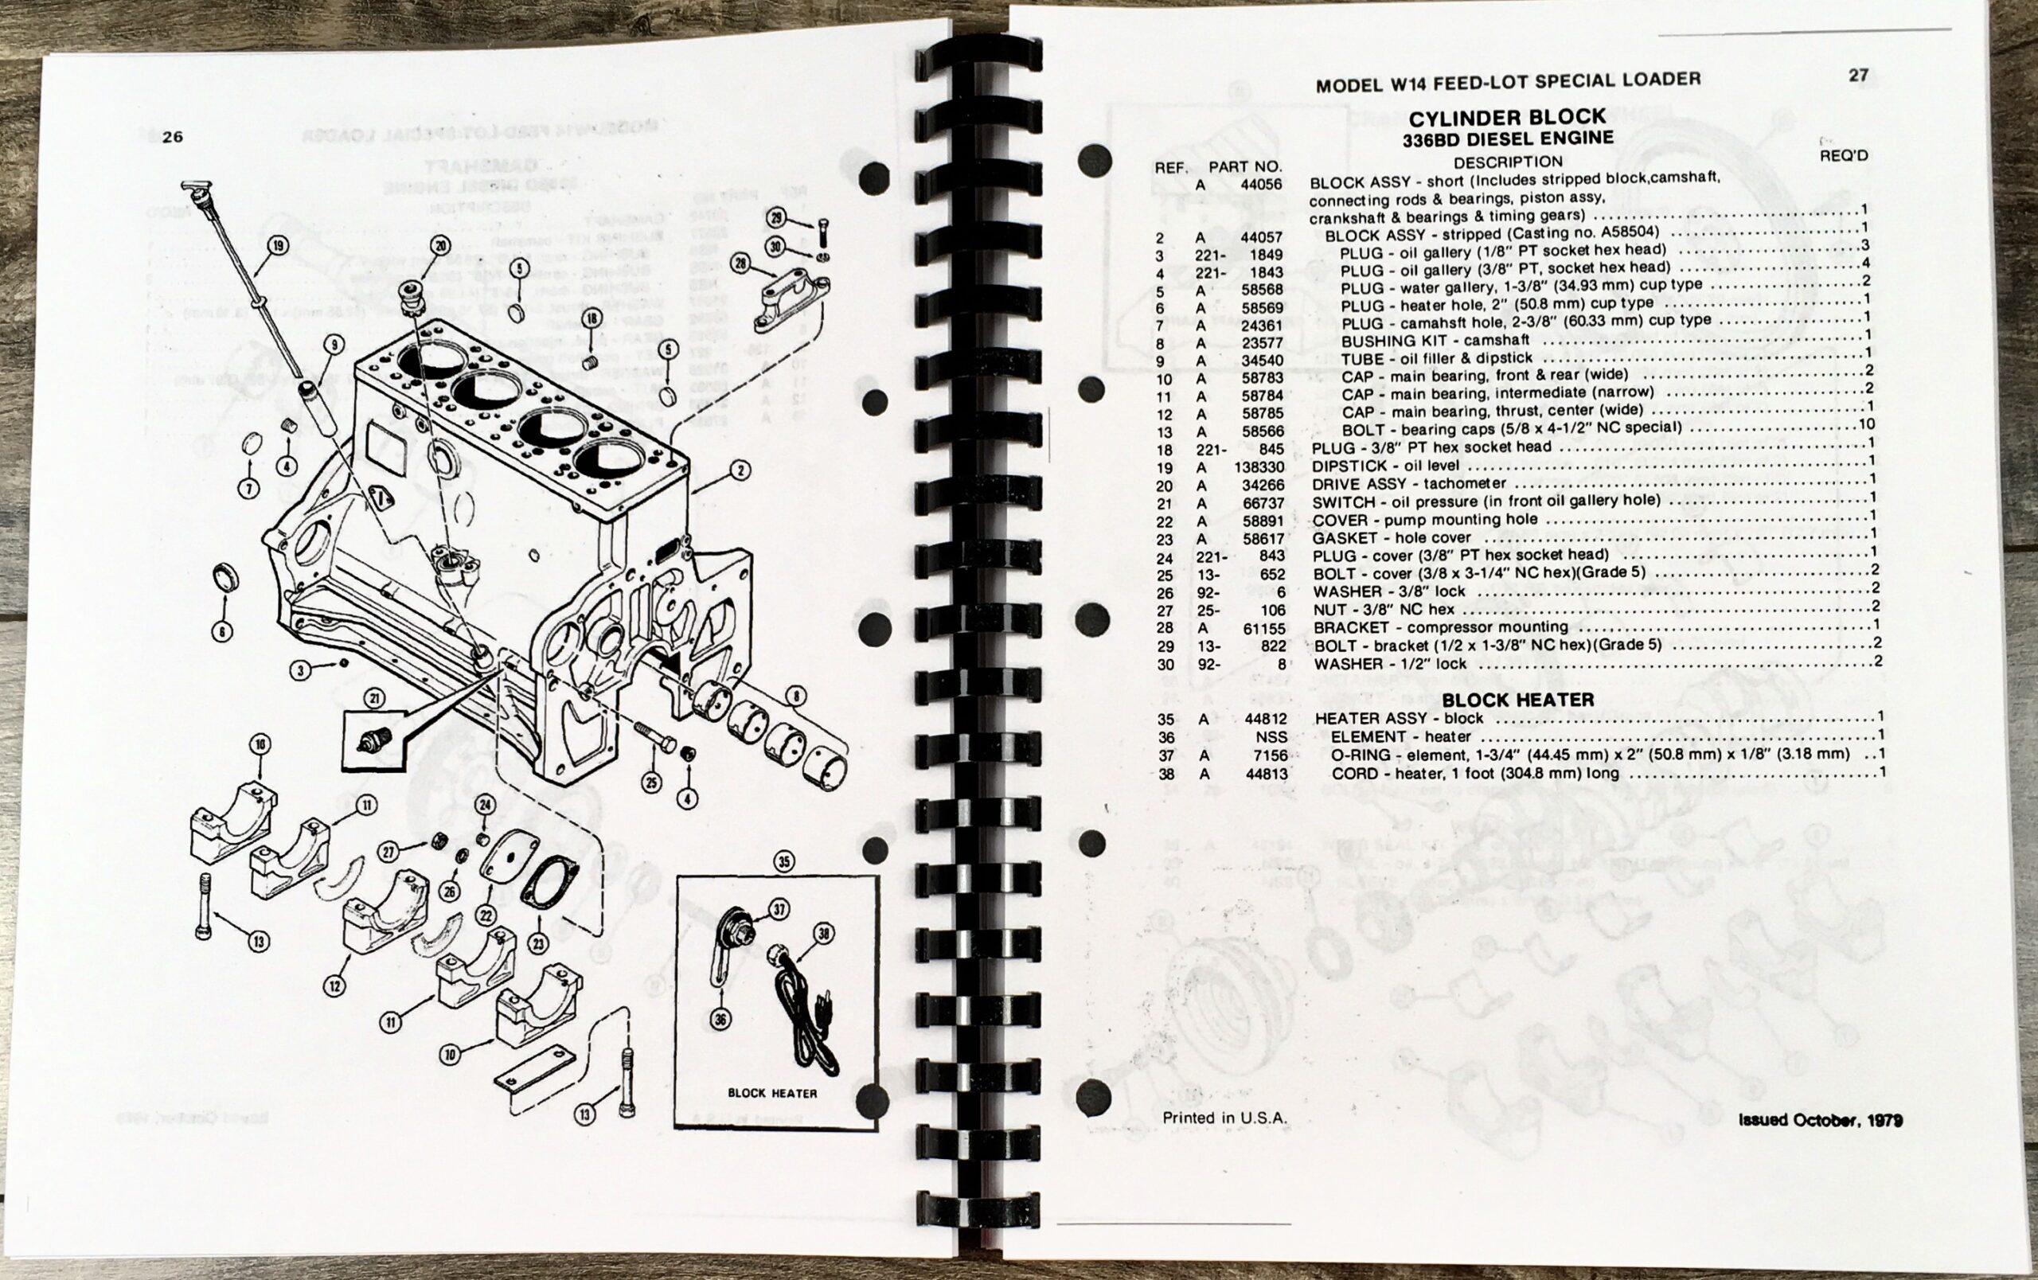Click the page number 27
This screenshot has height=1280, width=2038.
(1858, 76)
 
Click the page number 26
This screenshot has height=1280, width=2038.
(172, 137)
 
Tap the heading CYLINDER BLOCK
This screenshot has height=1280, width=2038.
(1506, 117)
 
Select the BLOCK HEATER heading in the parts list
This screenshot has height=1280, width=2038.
(1517, 700)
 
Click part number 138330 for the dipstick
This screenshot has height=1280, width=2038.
(1259, 467)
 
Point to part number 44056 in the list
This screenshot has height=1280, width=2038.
(1261, 185)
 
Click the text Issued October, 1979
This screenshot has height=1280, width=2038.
(1821, 1120)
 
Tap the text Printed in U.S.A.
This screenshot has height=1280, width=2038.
(1224, 1118)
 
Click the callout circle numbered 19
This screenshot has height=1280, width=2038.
(279, 246)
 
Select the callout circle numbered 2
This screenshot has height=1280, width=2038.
(739, 470)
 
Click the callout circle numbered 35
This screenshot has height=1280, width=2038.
(785, 861)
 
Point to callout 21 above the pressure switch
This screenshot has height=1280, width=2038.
(375, 698)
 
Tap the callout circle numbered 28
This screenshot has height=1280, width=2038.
(740, 263)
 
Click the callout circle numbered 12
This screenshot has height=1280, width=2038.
(336, 985)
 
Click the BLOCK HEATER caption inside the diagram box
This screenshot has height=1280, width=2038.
(772, 1093)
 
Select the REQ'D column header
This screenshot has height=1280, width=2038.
(1843, 156)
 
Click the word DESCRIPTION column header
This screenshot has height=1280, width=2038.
(1507, 162)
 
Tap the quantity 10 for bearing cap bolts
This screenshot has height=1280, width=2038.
(1865, 425)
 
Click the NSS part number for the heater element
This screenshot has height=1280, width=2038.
(1271, 738)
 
